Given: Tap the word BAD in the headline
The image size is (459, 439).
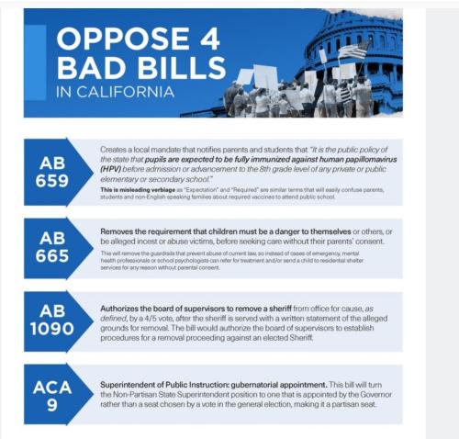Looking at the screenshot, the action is click(x=88, y=68).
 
